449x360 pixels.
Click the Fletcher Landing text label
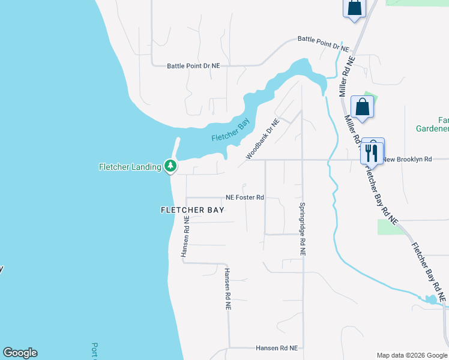pos(130,167)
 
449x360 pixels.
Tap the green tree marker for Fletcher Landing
pos(170,166)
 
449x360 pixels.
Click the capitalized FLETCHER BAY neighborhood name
pos(192,210)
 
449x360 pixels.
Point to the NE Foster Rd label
pos(245,197)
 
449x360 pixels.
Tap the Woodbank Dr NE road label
pos(262,140)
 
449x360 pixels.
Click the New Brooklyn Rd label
pos(408,160)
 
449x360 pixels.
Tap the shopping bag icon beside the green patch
pos(363,107)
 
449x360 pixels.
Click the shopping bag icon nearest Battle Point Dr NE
pos(354,8)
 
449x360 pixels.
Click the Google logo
pos(20,353)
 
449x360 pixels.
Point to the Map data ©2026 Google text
pos(411,355)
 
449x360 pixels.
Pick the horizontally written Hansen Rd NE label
pos(277,348)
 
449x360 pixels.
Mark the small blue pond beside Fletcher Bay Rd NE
pos(430,299)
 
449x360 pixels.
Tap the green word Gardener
pos(432,128)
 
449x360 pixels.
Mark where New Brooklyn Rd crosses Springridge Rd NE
pos(302,160)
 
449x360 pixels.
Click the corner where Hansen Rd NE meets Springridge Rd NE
pos(303,348)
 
